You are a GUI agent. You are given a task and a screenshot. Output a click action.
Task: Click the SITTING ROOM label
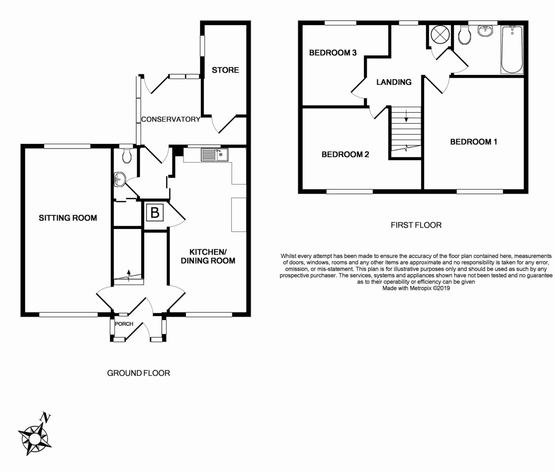click(68, 218)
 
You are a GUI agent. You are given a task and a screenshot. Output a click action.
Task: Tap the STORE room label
click(225, 70)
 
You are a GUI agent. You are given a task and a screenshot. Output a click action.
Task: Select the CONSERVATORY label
click(171, 119)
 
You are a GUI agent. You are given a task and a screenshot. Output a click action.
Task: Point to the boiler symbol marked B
click(154, 212)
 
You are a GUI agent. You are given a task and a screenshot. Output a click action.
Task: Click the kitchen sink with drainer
click(215, 155)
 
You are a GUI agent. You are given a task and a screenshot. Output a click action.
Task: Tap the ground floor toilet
click(126, 156)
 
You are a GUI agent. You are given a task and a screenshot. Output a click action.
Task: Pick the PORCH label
click(124, 324)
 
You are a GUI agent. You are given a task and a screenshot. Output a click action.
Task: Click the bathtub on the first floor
click(512, 50)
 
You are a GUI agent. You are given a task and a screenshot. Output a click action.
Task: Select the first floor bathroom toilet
click(464, 37)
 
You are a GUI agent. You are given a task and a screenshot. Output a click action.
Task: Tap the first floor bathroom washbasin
click(486, 31)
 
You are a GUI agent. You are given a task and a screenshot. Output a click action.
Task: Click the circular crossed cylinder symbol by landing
click(440, 35)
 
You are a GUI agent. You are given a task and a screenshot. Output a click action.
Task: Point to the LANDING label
click(394, 82)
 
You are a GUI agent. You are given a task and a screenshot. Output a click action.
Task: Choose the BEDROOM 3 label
click(333, 53)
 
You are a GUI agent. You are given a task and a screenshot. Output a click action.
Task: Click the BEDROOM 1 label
click(474, 142)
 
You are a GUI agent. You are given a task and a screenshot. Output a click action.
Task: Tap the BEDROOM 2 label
click(345, 155)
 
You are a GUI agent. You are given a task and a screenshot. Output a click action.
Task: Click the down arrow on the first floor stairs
click(406, 116)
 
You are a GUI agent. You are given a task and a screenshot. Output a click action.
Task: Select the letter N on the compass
click(45, 418)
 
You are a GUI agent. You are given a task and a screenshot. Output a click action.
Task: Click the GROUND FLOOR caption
click(139, 373)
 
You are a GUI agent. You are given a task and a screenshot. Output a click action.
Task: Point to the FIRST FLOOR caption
click(416, 225)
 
